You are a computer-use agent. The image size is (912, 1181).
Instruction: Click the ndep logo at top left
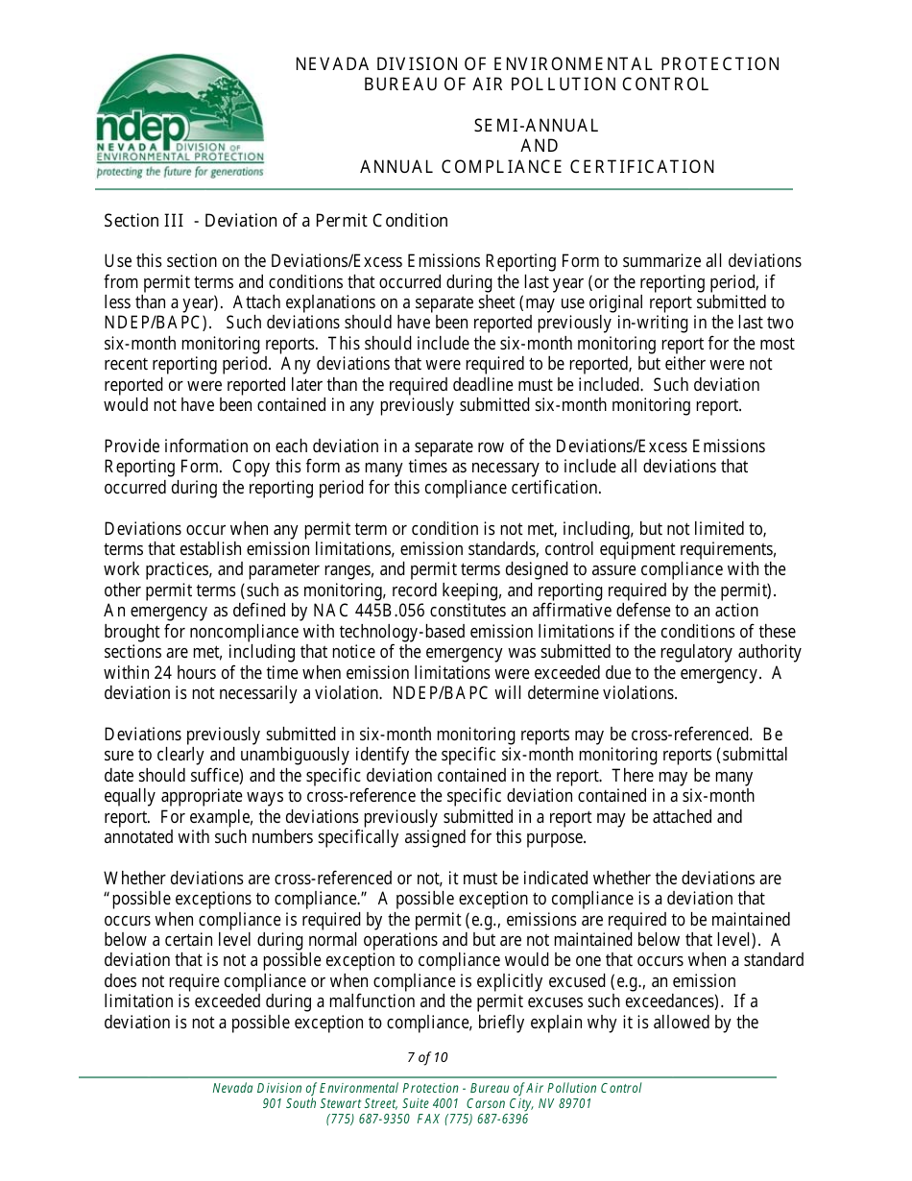tap(179, 115)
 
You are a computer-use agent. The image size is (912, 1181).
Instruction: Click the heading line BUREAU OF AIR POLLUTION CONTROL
tap(537, 84)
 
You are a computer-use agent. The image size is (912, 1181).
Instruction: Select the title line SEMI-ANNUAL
tap(537, 126)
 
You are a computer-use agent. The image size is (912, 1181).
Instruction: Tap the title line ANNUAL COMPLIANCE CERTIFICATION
tap(537, 167)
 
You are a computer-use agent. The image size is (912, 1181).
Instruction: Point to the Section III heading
tap(276, 221)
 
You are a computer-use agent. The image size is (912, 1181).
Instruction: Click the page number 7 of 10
tap(427, 1057)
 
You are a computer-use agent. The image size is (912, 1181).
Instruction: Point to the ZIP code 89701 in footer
tap(576, 1104)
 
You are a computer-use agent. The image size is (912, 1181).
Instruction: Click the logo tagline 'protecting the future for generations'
tap(179, 173)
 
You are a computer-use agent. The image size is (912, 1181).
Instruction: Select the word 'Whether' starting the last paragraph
tap(135, 879)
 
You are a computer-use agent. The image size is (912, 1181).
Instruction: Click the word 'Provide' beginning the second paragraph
tap(131, 446)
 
